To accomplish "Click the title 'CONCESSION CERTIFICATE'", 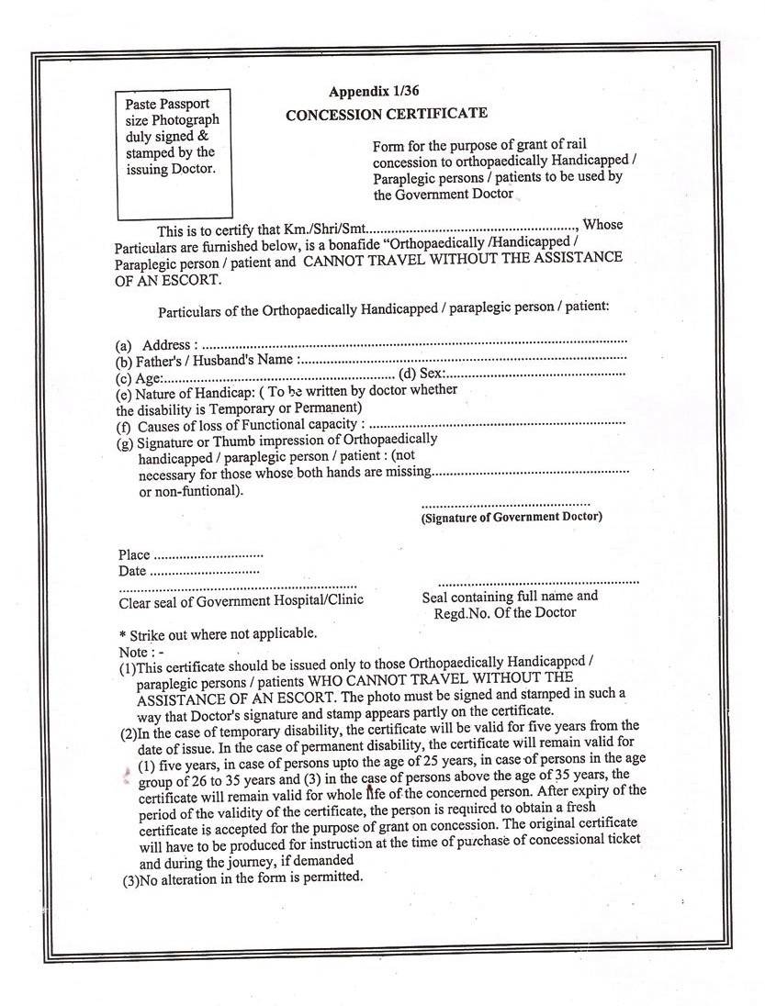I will [x=387, y=114].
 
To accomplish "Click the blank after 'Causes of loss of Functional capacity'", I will [x=496, y=424].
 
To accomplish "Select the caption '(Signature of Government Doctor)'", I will [x=512, y=517].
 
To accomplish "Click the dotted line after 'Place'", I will [x=208, y=555].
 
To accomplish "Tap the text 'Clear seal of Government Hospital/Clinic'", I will [x=241, y=600].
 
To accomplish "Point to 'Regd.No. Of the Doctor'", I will [x=505, y=612].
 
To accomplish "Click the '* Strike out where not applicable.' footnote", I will [x=219, y=634].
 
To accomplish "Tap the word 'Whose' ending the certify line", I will [x=602, y=224].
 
